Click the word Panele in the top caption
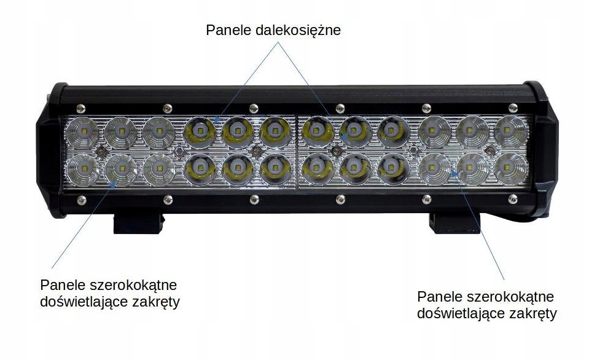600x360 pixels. point(226,30)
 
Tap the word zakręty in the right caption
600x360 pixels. point(534,314)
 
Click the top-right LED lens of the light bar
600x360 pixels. point(511,130)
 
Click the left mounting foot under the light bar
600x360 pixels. point(139,222)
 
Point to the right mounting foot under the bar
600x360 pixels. point(453,222)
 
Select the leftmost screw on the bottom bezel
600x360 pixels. point(81,198)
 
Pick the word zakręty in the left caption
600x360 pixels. point(157,302)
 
